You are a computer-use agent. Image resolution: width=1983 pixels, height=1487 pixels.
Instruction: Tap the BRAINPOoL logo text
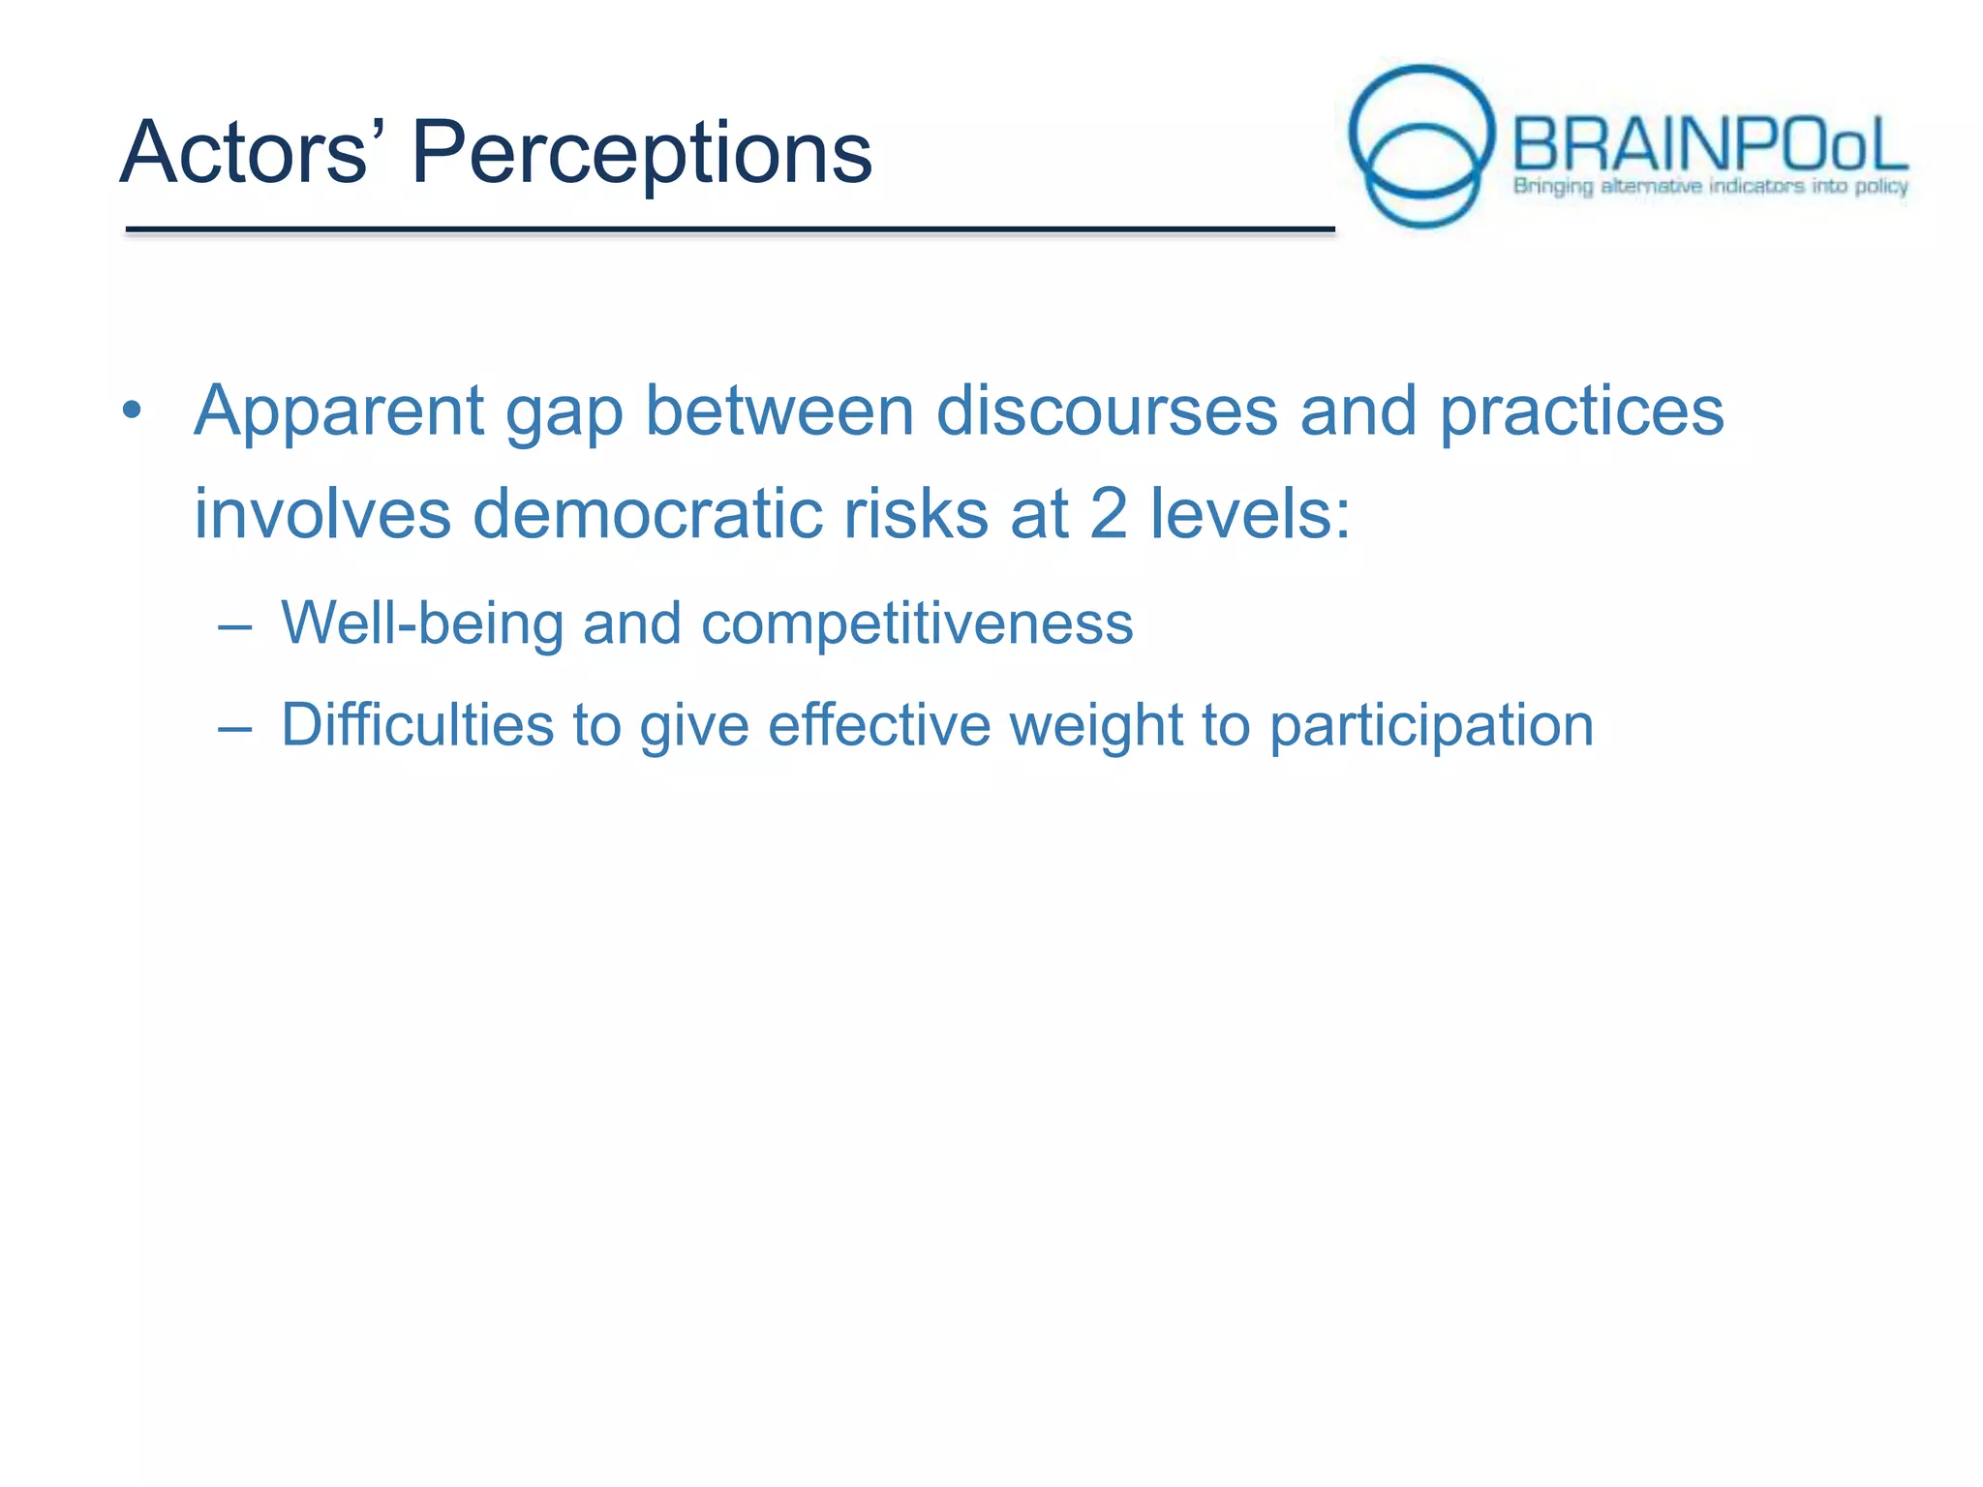coord(1709,145)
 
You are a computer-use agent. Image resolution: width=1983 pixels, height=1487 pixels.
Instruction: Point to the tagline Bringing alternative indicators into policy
coord(1710,186)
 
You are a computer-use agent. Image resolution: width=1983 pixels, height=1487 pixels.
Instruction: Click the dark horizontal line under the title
coord(729,229)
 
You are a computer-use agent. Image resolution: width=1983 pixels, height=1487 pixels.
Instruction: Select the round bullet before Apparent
coord(133,410)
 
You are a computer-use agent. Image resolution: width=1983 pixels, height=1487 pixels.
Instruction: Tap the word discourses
coord(1107,410)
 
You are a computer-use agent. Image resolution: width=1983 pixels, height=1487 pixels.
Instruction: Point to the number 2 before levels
coord(1108,513)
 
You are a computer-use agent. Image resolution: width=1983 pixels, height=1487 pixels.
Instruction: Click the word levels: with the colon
coord(1249,513)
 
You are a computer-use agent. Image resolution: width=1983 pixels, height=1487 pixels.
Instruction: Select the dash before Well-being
coord(235,626)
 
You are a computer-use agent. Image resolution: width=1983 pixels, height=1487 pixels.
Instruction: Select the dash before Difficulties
coord(235,728)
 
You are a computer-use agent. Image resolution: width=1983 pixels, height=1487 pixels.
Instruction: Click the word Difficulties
coord(417,726)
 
